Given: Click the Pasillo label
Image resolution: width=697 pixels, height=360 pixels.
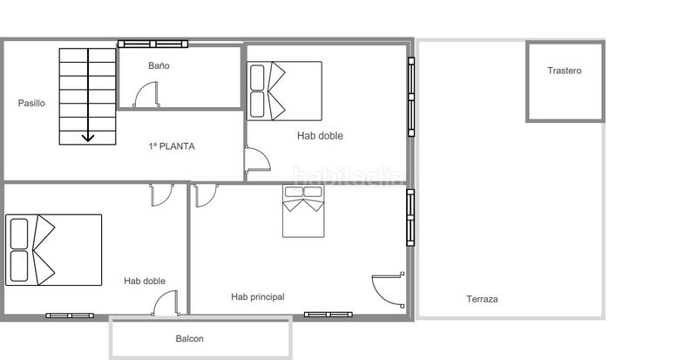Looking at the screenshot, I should (31, 103).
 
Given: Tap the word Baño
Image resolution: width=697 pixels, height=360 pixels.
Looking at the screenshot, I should (159, 65).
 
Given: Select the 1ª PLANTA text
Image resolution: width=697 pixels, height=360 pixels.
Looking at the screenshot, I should (172, 146).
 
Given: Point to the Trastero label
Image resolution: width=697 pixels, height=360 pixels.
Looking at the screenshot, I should (564, 71).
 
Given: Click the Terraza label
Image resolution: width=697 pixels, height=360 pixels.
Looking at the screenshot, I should (482, 299).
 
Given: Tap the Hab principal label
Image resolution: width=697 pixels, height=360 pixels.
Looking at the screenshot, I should (257, 297).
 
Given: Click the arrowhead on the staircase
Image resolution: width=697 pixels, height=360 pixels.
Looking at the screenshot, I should (88, 137).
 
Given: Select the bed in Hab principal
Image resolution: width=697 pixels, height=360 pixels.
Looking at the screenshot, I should (302, 211).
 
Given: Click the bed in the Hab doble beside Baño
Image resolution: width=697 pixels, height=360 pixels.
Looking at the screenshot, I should (284, 91).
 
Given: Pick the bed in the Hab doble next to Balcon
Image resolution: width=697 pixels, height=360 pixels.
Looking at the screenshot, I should (53, 249).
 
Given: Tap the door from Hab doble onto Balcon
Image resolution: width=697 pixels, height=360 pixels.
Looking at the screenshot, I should (166, 303).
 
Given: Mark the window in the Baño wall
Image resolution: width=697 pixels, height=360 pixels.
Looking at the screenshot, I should (152, 44).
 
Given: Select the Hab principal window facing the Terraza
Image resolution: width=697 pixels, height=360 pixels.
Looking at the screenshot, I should (410, 217).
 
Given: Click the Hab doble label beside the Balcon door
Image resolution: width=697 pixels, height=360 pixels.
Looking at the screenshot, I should (145, 281).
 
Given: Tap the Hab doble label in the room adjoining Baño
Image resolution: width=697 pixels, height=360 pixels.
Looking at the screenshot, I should (320, 135).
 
